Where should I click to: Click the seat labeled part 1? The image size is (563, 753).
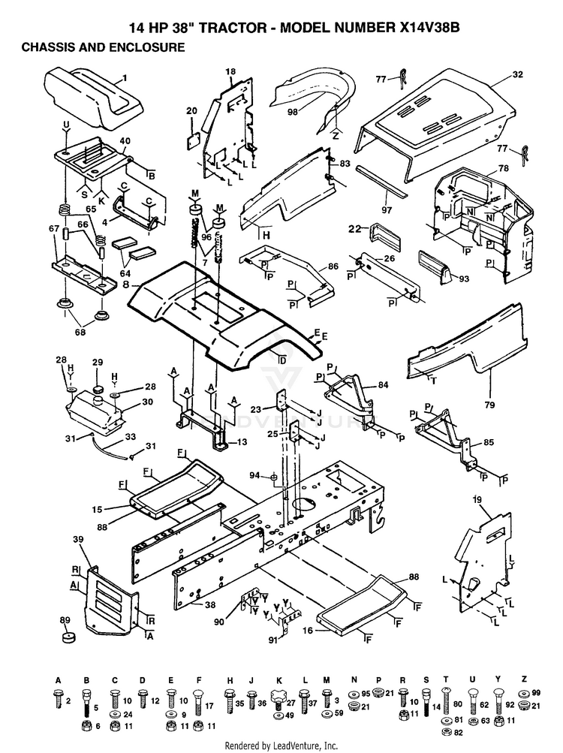94,96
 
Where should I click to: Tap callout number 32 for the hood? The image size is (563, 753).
517,75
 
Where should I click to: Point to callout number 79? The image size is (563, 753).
489,405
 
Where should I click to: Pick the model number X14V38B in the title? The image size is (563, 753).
429,28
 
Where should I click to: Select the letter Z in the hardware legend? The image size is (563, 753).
524,679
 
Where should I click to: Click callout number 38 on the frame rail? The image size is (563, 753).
210,605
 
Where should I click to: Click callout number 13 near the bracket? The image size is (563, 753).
242,441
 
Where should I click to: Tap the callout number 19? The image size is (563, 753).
477,500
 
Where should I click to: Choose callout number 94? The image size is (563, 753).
254,475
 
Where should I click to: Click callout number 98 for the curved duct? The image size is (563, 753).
293,112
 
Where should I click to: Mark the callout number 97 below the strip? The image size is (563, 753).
387,210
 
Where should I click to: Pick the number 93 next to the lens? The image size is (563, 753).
464,279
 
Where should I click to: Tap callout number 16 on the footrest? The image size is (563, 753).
308,630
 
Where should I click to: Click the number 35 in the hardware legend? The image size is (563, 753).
239,703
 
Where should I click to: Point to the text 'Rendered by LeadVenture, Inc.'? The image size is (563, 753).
281,745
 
